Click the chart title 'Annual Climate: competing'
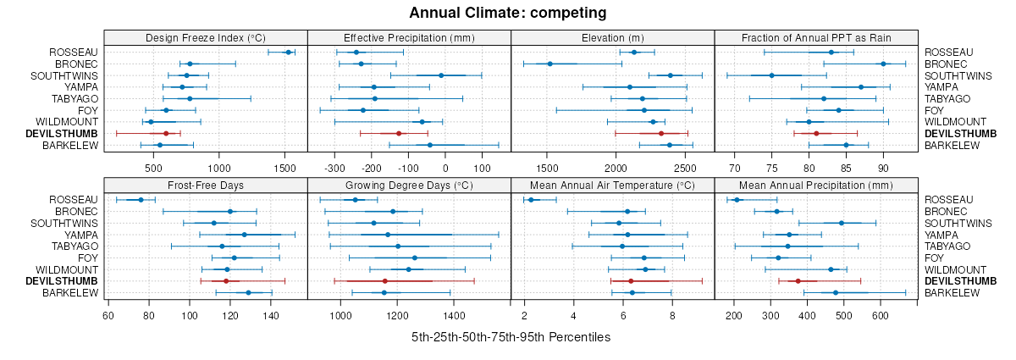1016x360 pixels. [x=507, y=13]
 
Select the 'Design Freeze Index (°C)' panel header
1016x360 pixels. [x=206, y=37]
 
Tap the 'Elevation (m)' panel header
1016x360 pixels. [x=613, y=37]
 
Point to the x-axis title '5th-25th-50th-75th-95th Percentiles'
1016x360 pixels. [x=511, y=337]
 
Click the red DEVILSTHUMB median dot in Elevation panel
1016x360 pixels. [x=661, y=134]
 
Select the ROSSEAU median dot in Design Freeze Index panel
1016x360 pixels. [x=288, y=53]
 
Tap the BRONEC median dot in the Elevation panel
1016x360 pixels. [x=549, y=64]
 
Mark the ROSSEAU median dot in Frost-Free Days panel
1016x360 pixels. [x=141, y=200]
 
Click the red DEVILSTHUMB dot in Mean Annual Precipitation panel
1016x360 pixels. [x=798, y=281]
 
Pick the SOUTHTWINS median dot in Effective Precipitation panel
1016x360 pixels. [x=441, y=75]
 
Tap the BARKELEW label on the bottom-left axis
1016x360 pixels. [x=74, y=293]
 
